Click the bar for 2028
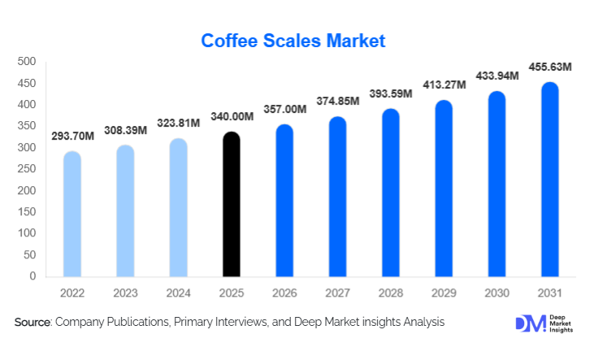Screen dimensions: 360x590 pyautogui.click(x=391, y=193)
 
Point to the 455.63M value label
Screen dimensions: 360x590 pyautogui.click(x=550, y=67)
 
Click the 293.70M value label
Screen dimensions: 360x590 pyautogui.click(x=73, y=137)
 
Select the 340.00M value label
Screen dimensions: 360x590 pyautogui.click(x=232, y=117)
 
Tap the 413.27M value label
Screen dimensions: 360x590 pyautogui.click(x=444, y=85)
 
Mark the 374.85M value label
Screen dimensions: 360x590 pyautogui.click(x=338, y=102)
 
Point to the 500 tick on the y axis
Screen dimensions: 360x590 pyautogui.click(x=27, y=62)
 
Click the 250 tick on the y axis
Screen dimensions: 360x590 pyautogui.click(x=27, y=169)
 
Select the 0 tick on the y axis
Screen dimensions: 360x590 pyautogui.click(x=33, y=276)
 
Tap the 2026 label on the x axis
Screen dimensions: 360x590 pyautogui.click(x=284, y=292)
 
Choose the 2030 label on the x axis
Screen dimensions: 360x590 pyautogui.click(x=497, y=292)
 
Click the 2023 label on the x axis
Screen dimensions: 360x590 pyautogui.click(x=125, y=292)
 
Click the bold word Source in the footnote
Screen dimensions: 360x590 pyautogui.click(x=32, y=323)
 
